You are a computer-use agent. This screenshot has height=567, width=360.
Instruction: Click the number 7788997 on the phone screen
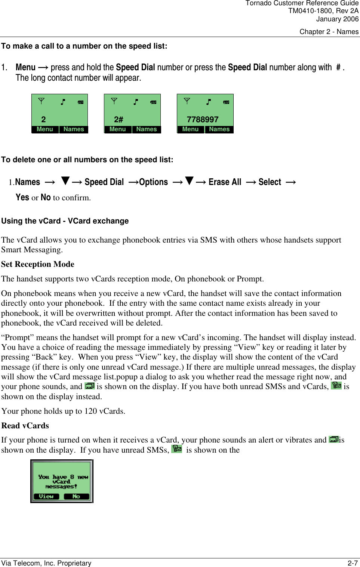[x=203, y=120]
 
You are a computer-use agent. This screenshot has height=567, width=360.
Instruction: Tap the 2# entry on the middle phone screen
[x=119, y=120]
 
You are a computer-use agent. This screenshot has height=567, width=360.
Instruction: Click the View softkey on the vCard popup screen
[x=46, y=496]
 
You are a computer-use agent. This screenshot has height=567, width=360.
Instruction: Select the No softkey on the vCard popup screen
[x=76, y=496]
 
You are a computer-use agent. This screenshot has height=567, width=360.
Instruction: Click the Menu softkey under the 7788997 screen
[x=190, y=129]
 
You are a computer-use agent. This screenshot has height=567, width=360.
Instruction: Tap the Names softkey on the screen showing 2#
[x=147, y=129]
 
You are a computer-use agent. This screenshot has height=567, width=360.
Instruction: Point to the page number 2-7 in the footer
[x=353, y=563]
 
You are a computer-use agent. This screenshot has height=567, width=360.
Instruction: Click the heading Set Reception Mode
[x=38, y=264]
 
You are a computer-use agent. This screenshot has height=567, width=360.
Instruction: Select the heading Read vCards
[x=25, y=426]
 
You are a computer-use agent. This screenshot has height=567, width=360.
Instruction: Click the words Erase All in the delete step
[x=225, y=182]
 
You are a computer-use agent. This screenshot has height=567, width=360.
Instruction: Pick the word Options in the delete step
[x=153, y=182]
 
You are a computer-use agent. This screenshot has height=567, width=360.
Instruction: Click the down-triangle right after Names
[x=65, y=181]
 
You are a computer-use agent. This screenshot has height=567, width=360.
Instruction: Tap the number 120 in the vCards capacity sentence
[x=90, y=411]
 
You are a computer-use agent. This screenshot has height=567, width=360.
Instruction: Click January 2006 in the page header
[x=337, y=19]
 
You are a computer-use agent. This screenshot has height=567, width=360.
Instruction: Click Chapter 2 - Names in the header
[x=329, y=32]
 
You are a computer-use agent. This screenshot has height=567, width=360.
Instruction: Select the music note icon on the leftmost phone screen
[x=63, y=102]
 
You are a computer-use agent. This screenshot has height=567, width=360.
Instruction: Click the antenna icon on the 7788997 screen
[x=187, y=101]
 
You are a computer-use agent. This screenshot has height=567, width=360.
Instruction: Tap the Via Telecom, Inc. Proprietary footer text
[x=46, y=563]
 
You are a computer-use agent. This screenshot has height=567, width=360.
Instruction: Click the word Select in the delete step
[x=270, y=182]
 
